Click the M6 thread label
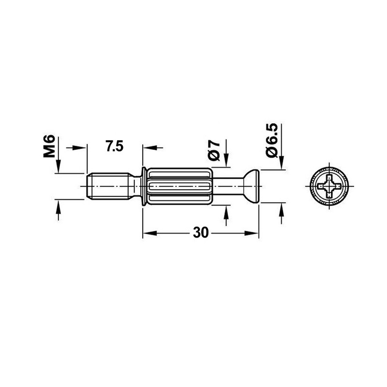pos(49,146)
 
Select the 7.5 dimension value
pos(115,146)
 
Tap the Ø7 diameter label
pos(214,150)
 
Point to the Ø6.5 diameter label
pos(272,140)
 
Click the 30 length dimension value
pos(201,233)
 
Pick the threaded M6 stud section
pos(108,186)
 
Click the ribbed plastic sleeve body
pos(179,186)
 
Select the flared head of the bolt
pos(251,186)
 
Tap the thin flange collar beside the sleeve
pos(144,186)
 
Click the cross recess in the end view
pos(329,186)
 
